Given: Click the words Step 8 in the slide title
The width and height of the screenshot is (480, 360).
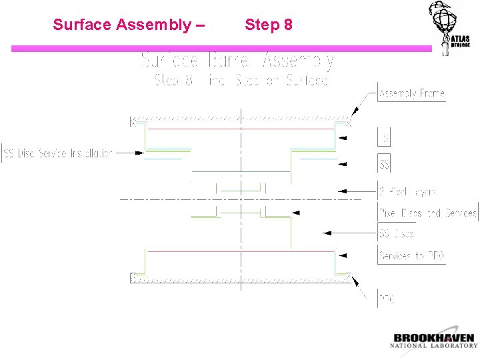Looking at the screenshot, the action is (x=268, y=25).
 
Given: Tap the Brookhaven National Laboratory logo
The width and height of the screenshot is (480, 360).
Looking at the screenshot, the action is (x=434, y=340).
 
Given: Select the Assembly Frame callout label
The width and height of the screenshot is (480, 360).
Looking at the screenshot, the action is (x=411, y=94).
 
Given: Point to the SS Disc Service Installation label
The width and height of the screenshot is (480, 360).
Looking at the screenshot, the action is (x=58, y=153).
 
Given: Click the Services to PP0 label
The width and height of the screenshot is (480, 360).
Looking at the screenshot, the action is (x=411, y=255).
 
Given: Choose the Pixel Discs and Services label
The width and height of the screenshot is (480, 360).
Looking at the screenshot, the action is (x=428, y=213).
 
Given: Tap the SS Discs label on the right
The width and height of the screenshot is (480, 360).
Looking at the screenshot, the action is (x=397, y=233).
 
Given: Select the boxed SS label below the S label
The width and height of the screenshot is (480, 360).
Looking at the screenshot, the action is (x=385, y=164).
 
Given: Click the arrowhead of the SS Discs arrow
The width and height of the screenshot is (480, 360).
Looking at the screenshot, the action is (x=326, y=233).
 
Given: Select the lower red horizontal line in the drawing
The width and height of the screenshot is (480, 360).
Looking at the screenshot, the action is (x=240, y=251).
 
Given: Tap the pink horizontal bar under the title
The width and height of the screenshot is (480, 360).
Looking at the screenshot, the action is (x=220, y=49).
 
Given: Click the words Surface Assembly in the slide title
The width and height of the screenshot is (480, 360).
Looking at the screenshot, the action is (x=124, y=25).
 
